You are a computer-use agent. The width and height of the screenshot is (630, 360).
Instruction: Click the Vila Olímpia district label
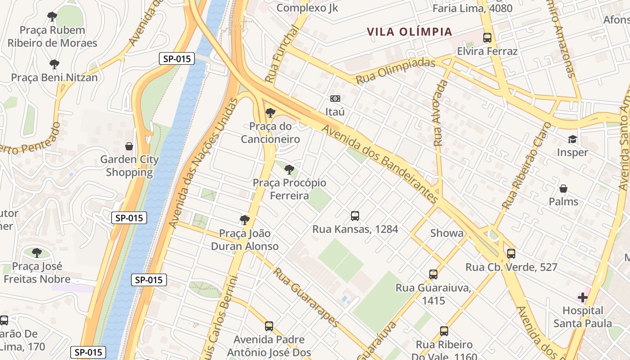(409, 32)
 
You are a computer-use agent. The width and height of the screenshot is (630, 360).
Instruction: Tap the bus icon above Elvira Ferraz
(487, 38)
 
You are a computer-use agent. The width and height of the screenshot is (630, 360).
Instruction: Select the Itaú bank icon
(335, 99)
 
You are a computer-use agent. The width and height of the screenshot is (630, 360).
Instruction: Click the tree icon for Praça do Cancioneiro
(270, 112)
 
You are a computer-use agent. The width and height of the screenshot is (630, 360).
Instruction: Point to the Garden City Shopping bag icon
(129, 146)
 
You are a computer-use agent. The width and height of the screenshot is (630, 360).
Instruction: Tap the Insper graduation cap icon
(572, 139)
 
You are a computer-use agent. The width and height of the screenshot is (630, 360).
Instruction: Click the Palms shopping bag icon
(563, 188)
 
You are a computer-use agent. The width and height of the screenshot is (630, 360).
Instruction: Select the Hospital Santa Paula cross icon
(583, 297)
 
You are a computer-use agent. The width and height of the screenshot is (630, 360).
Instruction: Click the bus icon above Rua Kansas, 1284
(355, 216)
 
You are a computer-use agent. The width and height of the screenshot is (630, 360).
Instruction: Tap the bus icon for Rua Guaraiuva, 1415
(433, 274)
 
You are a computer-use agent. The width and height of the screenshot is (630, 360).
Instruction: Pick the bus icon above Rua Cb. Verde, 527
(511, 254)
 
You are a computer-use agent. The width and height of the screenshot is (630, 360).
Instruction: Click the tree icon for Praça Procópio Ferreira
(289, 170)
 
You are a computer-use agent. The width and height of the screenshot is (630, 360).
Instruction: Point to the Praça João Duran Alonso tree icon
(245, 220)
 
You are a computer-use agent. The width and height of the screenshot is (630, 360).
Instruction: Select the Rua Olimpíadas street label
(396, 71)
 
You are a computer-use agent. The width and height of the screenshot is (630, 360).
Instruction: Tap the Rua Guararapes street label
(306, 297)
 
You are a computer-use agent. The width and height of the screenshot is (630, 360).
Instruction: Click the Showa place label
(446, 233)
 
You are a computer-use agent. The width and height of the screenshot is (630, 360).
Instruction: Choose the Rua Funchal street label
(282, 54)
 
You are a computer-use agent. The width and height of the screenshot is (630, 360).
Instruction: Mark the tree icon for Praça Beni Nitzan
(54, 64)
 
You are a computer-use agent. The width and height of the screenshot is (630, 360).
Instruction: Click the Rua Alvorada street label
(441, 113)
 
